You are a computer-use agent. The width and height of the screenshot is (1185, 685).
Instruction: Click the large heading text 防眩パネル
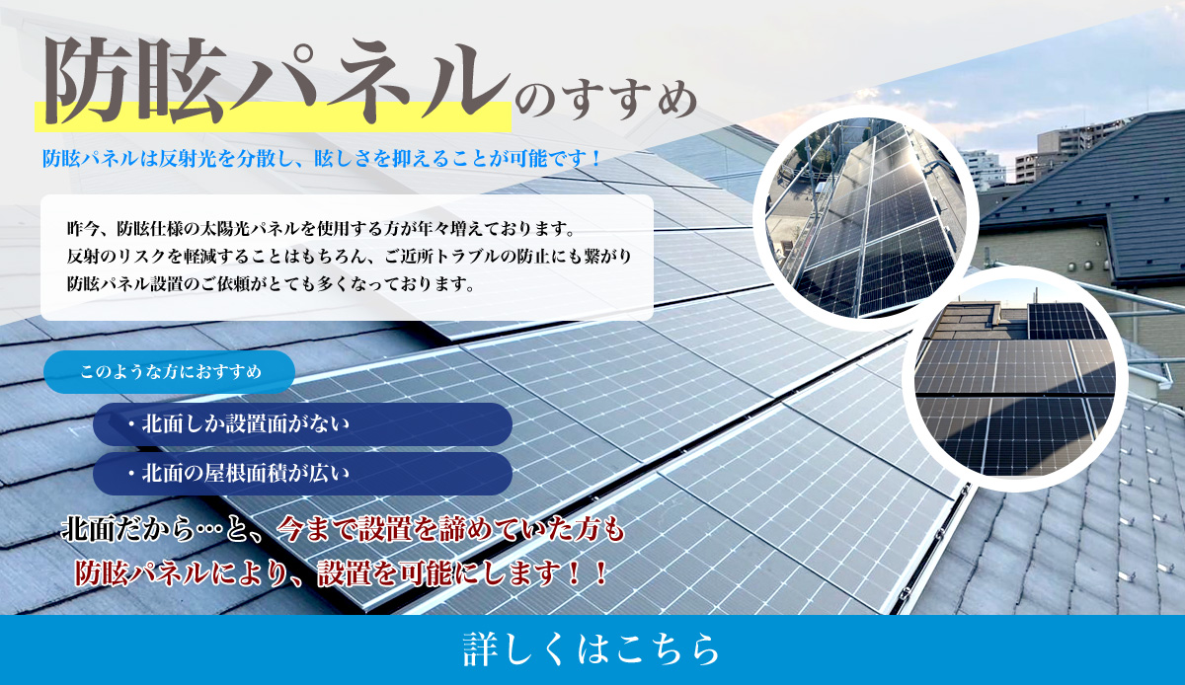pyautogui.click(x=276, y=81)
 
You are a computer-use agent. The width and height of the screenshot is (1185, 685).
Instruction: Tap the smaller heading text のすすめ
pyautogui.click(x=606, y=101)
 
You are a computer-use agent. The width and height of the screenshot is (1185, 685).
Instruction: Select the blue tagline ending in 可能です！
pyautogui.click(x=322, y=158)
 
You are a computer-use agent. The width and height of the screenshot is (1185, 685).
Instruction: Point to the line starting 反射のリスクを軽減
pyautogui.click(x=350, y=256)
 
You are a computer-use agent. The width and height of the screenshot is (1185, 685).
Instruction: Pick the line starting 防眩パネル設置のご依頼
pyautogui.click(x=271, y=284)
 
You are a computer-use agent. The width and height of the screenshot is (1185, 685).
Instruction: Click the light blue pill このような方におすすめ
pyautogui.click(x=169, y=372)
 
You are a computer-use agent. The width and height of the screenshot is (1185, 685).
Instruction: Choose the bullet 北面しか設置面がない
pyautogui.click(x=302, y=424)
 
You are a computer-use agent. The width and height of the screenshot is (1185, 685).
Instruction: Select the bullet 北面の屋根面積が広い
pyautogui.click(x=302, y=474)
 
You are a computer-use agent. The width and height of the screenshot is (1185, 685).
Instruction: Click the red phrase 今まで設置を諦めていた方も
pyautogui.click(x=450, y=529)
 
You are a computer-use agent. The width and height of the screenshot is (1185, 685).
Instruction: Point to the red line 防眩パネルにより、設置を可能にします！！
pyautogui.click(x=342, y=572)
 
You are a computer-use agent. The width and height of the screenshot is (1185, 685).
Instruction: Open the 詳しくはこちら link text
pyautogui.click(x=592, y=649)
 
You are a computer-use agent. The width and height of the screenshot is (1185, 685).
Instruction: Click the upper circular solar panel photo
pyautogui.click(x=865, y=218)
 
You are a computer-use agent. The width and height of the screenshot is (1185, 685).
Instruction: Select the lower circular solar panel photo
pyautogui.click(x=1015, y=379)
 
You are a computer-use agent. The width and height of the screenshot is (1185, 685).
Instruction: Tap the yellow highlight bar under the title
pyautogui.click(x=273, y=116)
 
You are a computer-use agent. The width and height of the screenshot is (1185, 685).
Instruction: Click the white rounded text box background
pyautogui.click(x=347, y=258)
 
